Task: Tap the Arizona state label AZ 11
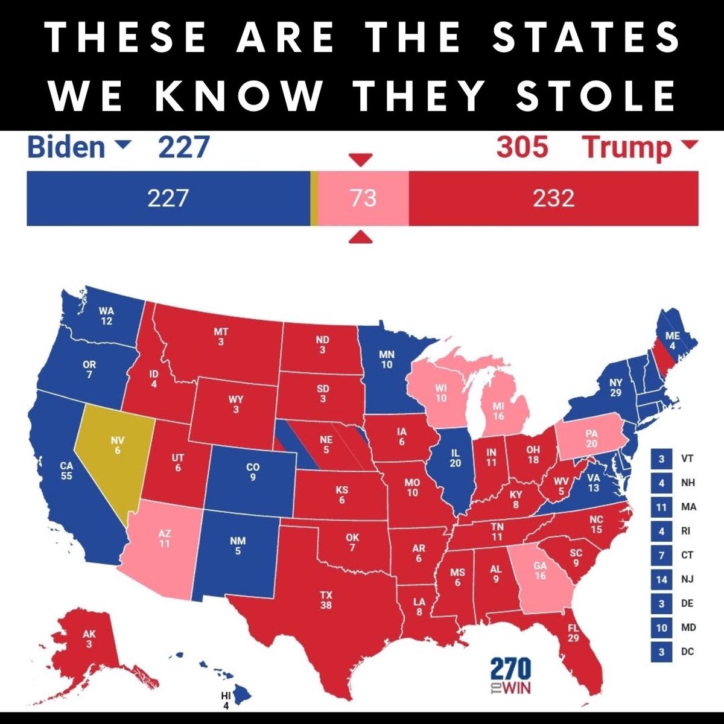[164, 538]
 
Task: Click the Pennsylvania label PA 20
[591, 438]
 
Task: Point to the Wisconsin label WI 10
[441, 393]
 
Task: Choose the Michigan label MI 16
[498, 411]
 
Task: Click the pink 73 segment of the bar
[363, 198]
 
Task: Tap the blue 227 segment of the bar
[168, 198]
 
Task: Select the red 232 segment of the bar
[553, 198]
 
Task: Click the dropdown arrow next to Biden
[122, 145]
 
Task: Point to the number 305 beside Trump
[522, 147]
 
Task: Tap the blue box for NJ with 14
[662, 579]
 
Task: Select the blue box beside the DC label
[662, 652]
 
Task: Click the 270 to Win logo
[510, 676]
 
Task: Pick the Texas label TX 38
[326, 600]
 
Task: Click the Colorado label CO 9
[253, 472]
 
